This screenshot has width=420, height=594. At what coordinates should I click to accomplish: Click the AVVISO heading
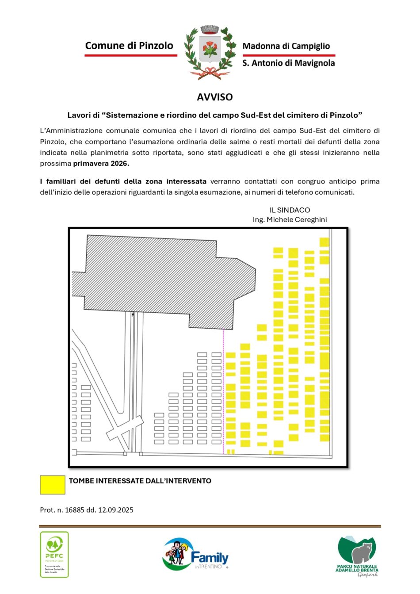click(x=214, y=97)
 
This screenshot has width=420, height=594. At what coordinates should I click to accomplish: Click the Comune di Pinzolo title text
click(x=129, y=46)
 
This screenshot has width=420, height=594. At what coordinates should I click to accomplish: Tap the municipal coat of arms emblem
click(x=210, y=52)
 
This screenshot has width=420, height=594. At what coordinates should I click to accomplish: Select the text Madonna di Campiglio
click(x=286, y=46)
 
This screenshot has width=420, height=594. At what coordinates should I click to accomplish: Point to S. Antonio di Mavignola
click(x=288, y=63)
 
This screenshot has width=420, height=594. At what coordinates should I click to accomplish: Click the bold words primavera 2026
click(x=101, y=164)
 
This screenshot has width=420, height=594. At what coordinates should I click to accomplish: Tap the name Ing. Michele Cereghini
click(x=290, y=220)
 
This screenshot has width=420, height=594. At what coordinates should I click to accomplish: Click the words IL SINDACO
click(x=290, y=210)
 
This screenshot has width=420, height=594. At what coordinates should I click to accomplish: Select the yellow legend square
click(x=53, y=485)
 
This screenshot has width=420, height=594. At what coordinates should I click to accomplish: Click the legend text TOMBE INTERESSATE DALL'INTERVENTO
click(x=140, y=481)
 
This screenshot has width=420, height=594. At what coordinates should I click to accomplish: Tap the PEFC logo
click(x=54, y=554)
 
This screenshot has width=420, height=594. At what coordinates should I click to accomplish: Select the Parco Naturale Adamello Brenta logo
click(x=357, y=556)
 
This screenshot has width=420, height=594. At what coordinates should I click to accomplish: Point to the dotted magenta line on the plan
click(x=223, y=389)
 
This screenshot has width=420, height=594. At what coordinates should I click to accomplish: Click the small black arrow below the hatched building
click(x=133, y=315)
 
